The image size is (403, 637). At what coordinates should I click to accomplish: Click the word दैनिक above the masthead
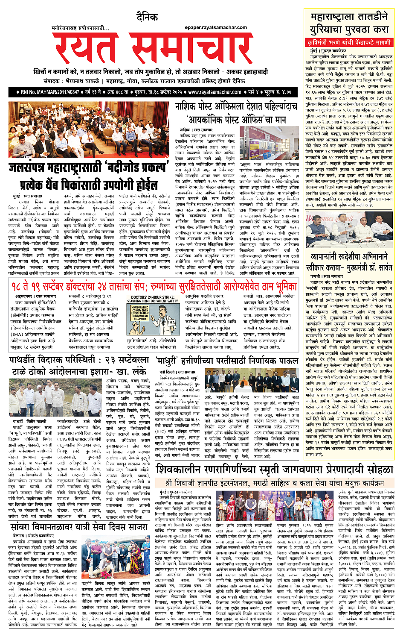147,17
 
